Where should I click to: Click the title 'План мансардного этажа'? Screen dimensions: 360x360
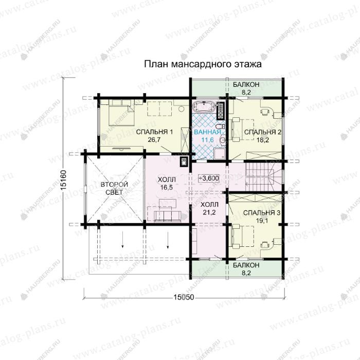[203, 64]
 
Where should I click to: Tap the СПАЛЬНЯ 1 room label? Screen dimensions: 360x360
[154, 132]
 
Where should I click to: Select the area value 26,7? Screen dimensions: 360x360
[154, 139]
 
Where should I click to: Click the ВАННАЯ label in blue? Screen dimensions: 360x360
[208, 132]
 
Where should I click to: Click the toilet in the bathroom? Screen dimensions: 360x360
[221, 127]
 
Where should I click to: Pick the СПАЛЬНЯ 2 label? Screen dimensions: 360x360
[263, 132]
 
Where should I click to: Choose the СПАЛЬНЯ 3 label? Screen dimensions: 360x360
[262, 213]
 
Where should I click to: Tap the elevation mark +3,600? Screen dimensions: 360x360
[209, 178]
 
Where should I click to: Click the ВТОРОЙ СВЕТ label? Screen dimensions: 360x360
[114, 188]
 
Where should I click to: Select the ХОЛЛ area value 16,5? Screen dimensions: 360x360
[167, 187]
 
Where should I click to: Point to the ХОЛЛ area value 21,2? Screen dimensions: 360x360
[209, 212]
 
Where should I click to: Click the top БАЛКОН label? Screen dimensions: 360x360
[246, 84]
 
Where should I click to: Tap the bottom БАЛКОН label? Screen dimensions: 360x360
[246, 265]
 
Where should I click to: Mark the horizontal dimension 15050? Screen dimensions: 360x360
[184, 297]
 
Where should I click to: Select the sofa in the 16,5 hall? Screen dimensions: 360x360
[168, 217]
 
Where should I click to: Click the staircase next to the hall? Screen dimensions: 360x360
[263, 176]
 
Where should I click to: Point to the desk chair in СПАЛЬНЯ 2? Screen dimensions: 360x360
[264, 112]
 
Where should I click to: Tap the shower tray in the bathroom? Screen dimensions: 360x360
[220, 153]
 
